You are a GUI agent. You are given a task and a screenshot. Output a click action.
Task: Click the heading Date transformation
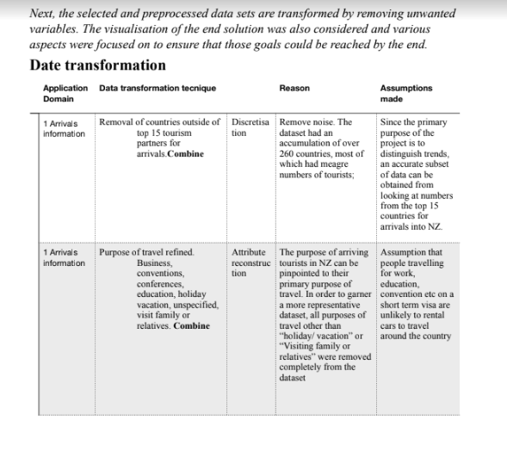pyautogui.click(x=97, y=66)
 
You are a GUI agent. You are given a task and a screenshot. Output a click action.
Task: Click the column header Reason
pyautogui.click(x=294, y=88)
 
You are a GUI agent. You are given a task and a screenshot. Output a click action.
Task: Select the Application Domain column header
pyautogui.click(x=65, y=93)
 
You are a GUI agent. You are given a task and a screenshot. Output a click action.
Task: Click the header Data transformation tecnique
pyautogui.click(x=158, y=88)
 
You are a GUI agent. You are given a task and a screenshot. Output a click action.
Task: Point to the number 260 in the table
pyautogui.click(x=289, y=153)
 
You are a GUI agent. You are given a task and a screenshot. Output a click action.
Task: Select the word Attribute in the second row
pyautogui.click(x=249, y=251)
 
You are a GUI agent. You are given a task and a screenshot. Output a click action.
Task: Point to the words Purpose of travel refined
pyautogui.click(x=146, y=251)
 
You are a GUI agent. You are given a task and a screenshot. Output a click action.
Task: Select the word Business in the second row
pyautogui.click(x=155, y=263)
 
